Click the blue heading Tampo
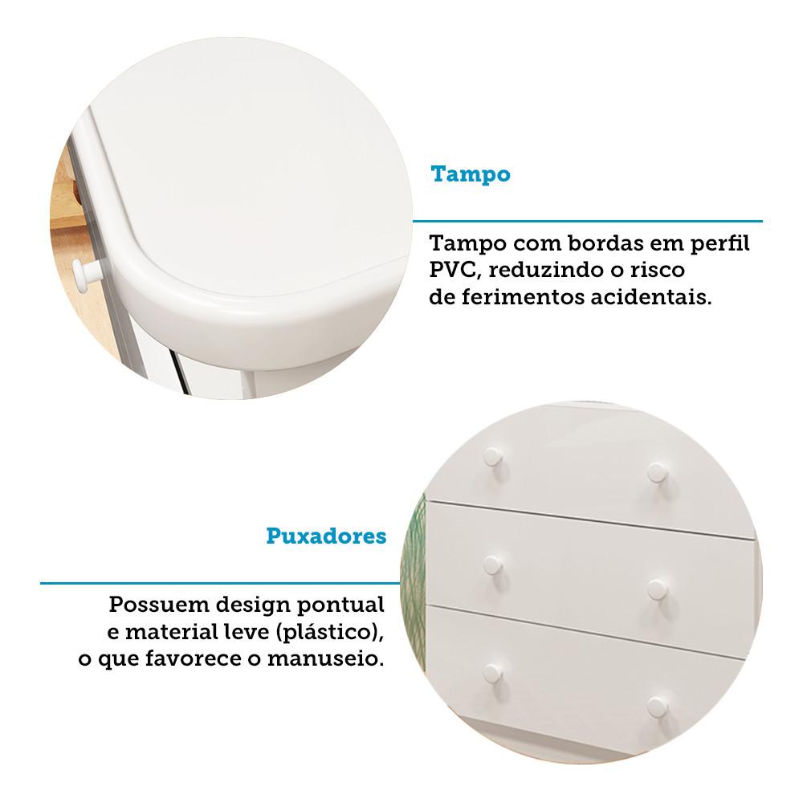471,174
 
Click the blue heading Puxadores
326,536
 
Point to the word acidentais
651,297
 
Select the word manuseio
325,659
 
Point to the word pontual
340,605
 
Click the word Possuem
159,605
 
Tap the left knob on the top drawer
492,456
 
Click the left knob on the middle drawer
492,565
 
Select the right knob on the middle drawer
656,589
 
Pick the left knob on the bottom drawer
493,674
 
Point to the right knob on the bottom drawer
656,707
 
